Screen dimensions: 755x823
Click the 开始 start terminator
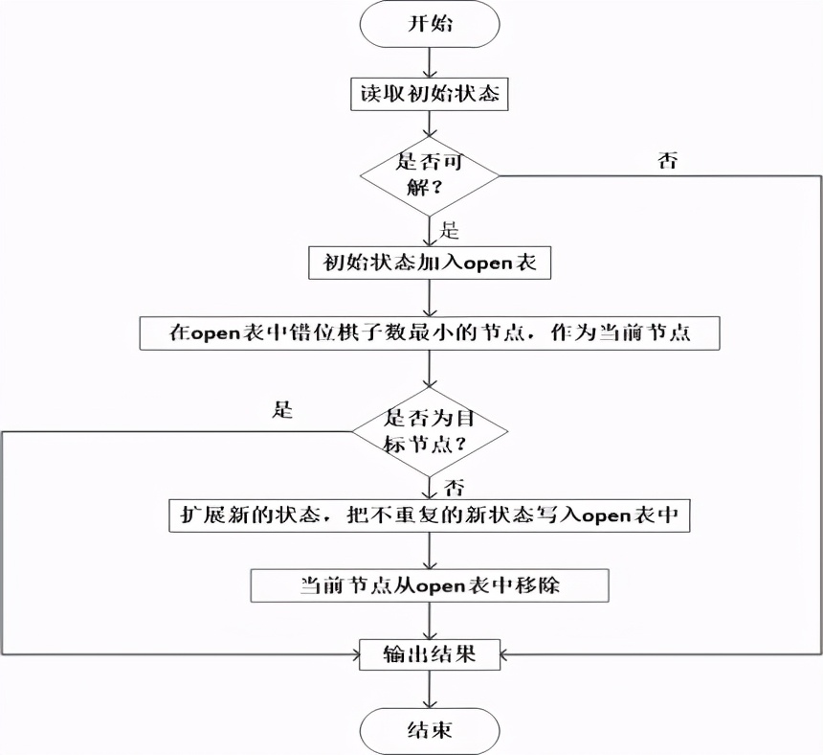pos(430,25)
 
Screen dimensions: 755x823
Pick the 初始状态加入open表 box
pos(430,263)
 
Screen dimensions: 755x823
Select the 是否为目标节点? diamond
pos(430,431)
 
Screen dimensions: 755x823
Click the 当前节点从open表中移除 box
pos(430,584)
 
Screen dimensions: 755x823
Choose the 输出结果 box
pos(430,654)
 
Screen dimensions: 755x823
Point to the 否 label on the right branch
pos(668,160)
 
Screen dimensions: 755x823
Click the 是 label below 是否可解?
pos(448,230)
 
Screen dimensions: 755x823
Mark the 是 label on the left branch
pos(282,411)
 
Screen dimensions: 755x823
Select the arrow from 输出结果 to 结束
pos(430,689)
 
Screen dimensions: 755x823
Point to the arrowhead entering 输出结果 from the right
pos(506,654)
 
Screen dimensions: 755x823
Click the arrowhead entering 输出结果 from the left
pos(353,654)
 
